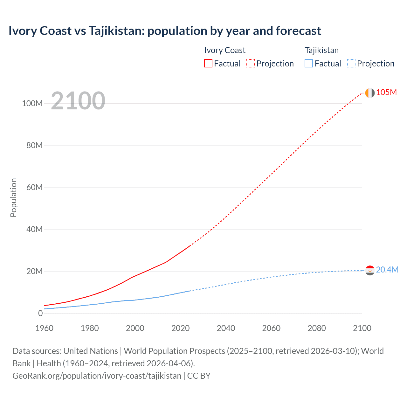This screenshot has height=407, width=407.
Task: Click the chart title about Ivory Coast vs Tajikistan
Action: (165, 31)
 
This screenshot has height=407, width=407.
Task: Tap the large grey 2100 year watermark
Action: (78, 101)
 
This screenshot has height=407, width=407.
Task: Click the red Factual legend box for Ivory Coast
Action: (208, 63)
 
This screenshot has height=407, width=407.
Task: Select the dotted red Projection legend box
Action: (250, 63)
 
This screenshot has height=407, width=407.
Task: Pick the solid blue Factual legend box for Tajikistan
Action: (308, 63)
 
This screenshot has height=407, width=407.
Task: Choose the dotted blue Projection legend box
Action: (351, 63)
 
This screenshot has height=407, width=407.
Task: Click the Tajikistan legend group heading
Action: (321, 50)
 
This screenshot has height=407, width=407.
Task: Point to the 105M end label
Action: (386, 92)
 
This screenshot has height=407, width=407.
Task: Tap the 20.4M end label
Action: (387, 270)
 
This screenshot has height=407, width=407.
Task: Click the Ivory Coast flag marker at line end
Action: (370, 93)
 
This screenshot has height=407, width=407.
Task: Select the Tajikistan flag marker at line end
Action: (370, 270)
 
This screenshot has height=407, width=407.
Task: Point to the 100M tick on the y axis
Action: (32, 103)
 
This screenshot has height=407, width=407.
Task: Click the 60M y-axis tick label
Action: (34, 187)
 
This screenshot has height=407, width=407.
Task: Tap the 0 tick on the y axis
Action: (40, 313)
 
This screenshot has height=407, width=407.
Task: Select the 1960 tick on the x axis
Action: (44, 328)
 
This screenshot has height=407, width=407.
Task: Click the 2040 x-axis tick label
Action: (226, 328)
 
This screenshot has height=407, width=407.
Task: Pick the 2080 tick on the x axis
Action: (317, 328)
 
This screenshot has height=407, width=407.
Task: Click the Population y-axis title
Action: (13, 197)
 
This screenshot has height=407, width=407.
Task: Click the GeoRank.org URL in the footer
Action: (97, 376)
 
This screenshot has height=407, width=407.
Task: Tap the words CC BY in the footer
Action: (199, 376)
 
